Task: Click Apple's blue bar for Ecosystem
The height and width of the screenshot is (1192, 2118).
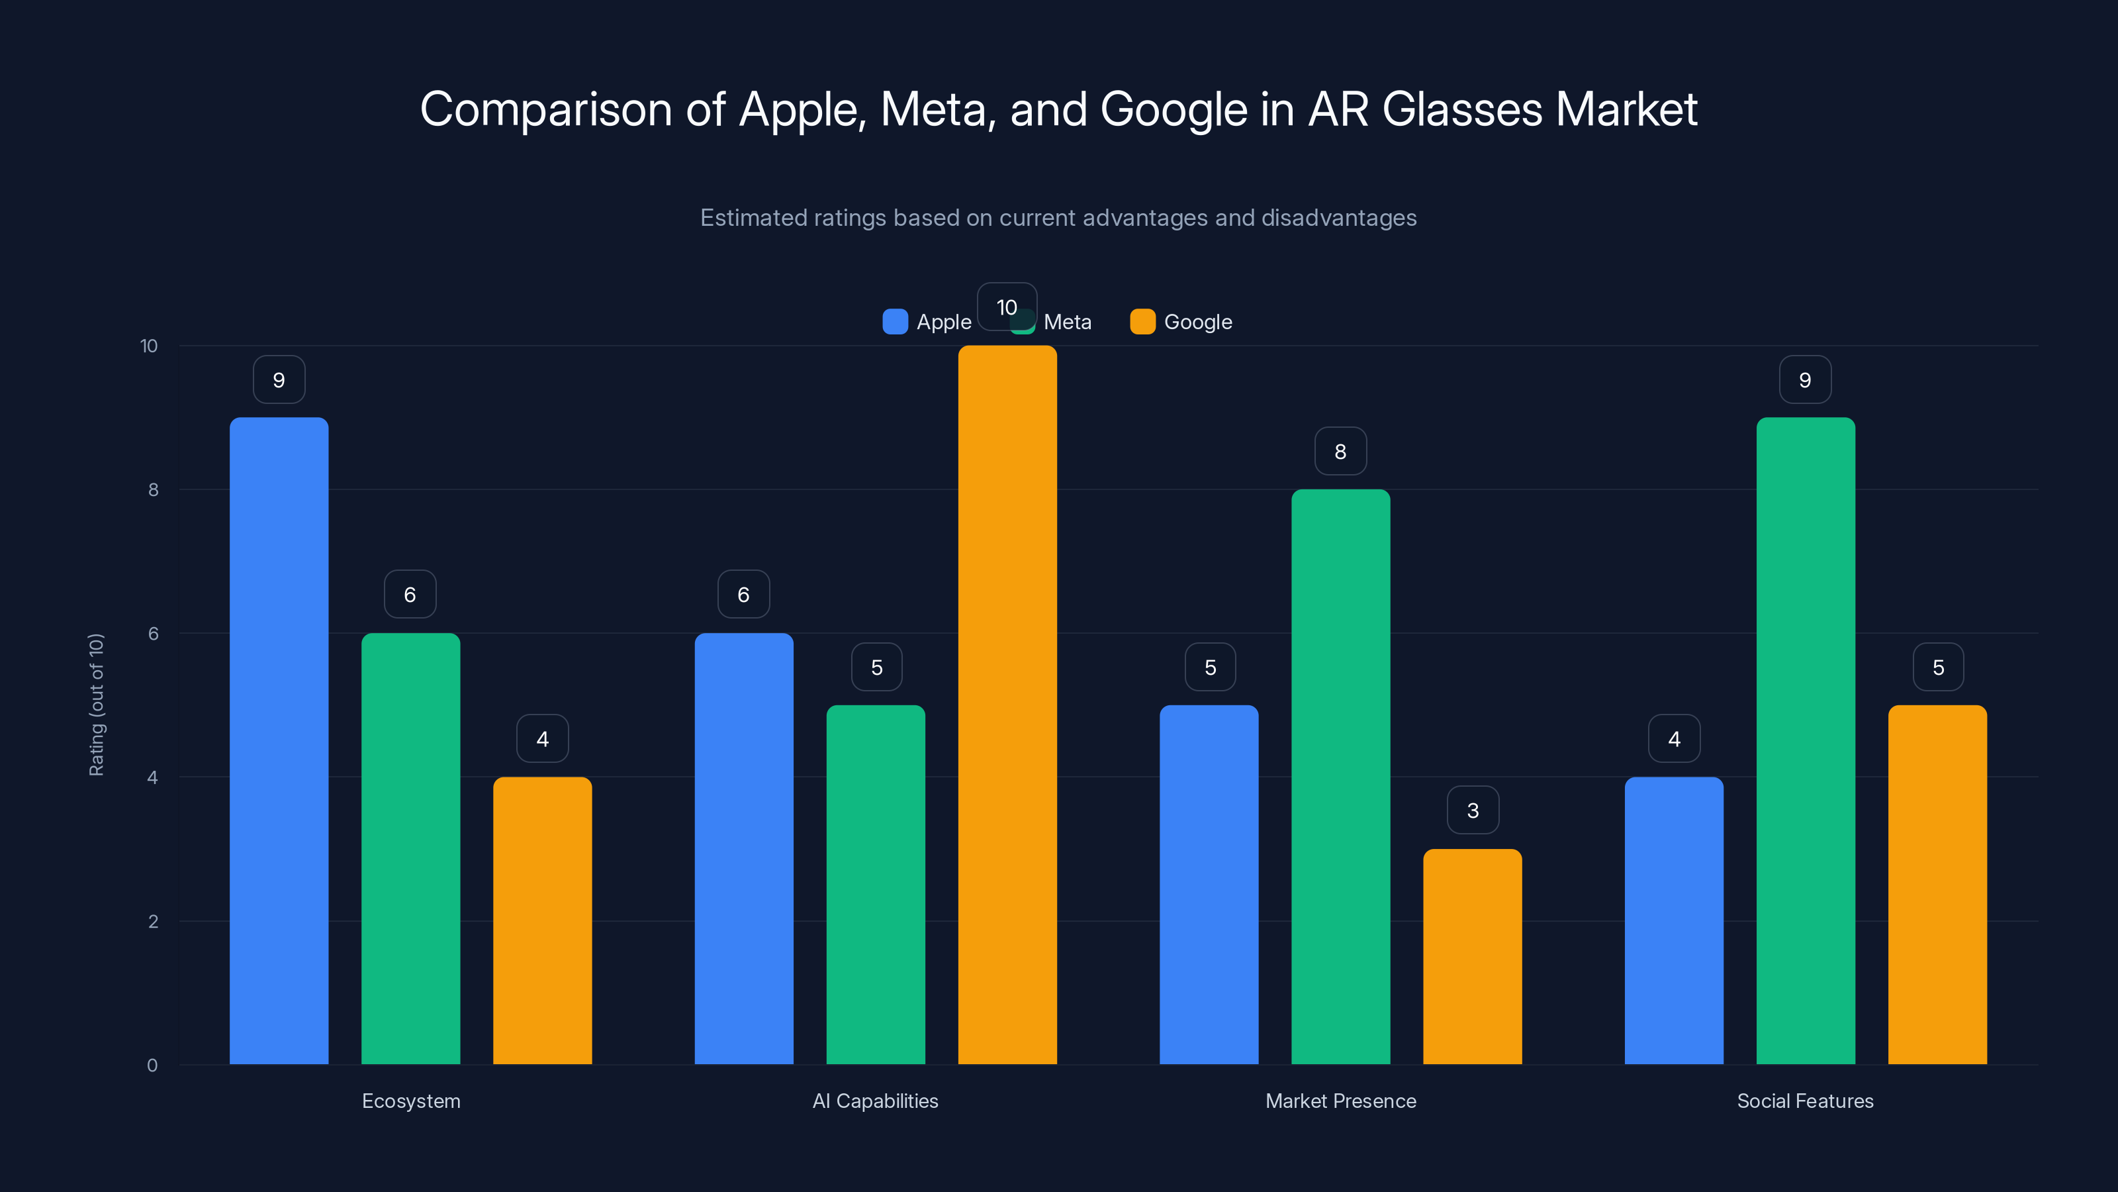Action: point(279,740)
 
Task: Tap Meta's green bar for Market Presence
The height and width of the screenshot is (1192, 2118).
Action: point(1340,777)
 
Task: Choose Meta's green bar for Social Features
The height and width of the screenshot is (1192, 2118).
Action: point(1806,740)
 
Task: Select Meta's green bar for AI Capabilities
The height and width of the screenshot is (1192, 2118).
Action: point(876,884)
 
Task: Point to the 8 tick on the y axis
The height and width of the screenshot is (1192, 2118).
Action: point(153,489)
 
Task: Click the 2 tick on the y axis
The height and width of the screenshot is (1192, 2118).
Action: point(153,921)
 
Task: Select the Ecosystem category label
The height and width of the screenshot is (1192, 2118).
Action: point(411,1101)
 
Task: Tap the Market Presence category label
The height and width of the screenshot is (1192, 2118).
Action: point(1340,1101)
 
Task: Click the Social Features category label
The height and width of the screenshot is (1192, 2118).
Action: point(1805,1101)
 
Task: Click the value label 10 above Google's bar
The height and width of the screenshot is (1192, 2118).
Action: point(1006,307)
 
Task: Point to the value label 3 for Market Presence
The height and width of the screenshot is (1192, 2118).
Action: point(1473,811)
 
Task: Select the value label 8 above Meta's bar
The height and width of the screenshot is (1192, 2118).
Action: point(1340,451)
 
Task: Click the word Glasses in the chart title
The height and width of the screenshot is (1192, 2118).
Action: point(1462,109)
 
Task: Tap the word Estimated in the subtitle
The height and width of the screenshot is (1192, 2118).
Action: point(751,218)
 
